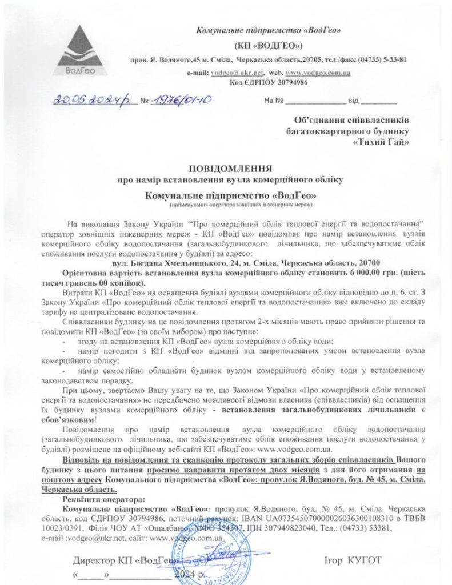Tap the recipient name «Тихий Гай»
coord(382,142)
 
